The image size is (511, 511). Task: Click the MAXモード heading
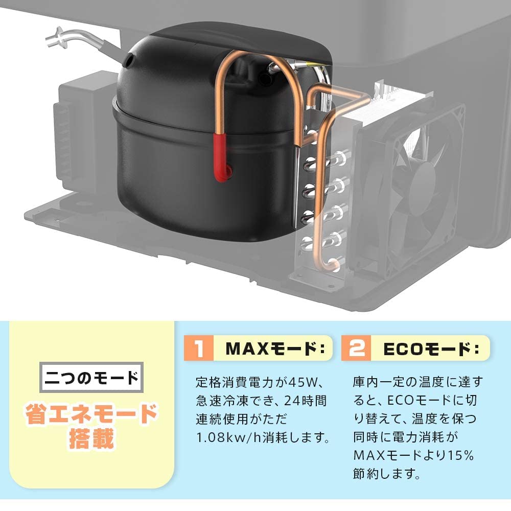click(x=276, y=350)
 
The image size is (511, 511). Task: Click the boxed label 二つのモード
click(x=92, y=378)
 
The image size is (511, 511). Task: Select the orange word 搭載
click(x=92, y=438)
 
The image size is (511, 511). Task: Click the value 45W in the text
click(x=304, y=382)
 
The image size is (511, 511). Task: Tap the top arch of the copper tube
click(x=245, y=56)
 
